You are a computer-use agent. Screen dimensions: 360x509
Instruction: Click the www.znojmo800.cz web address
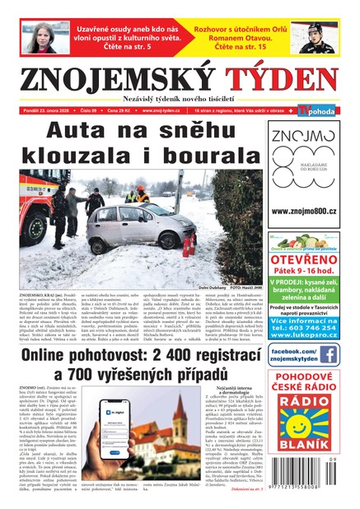(303, 211)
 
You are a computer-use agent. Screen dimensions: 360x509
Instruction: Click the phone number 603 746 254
(312, 327)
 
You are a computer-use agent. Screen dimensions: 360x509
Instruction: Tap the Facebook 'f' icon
(328, 354)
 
